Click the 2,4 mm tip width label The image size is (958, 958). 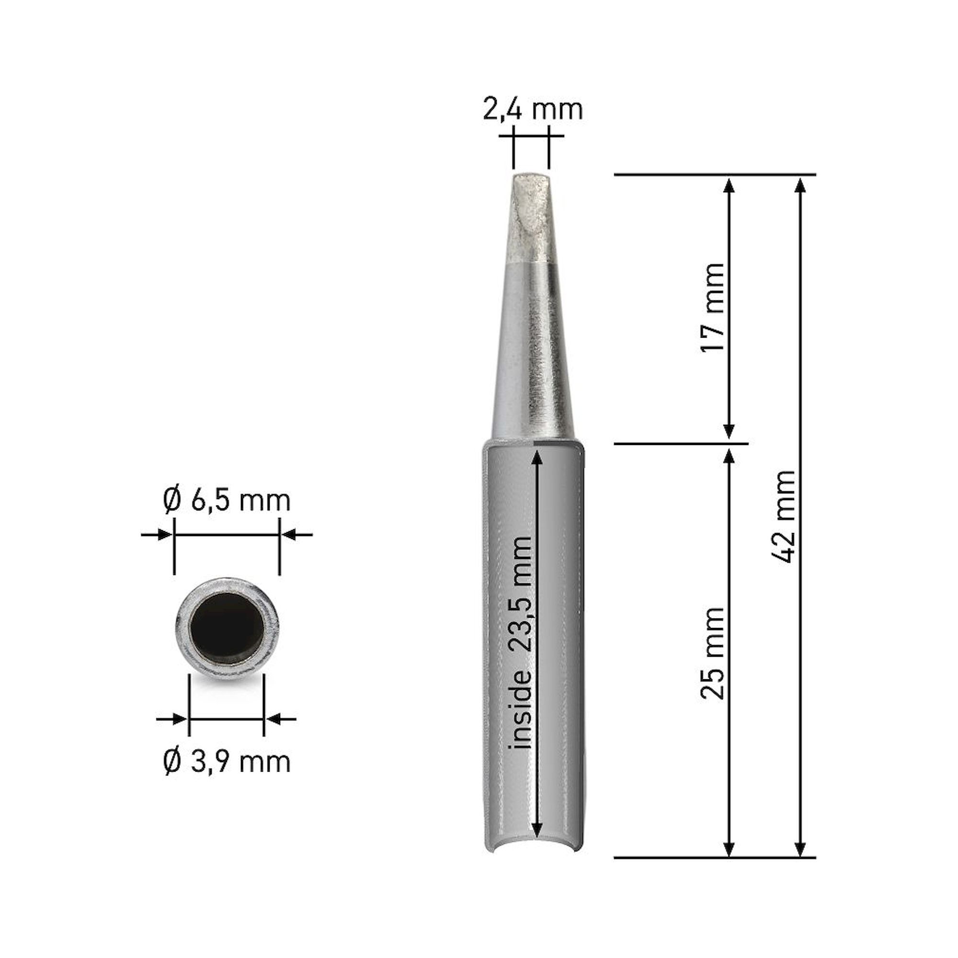(533, 110)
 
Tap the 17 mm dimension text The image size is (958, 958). (713, 308)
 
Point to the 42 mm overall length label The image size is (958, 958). (785, 516)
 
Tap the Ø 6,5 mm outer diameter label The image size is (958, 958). (227, 502)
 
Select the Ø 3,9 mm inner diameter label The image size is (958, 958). (227, 762)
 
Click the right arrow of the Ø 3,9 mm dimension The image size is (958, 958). (274, 718)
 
